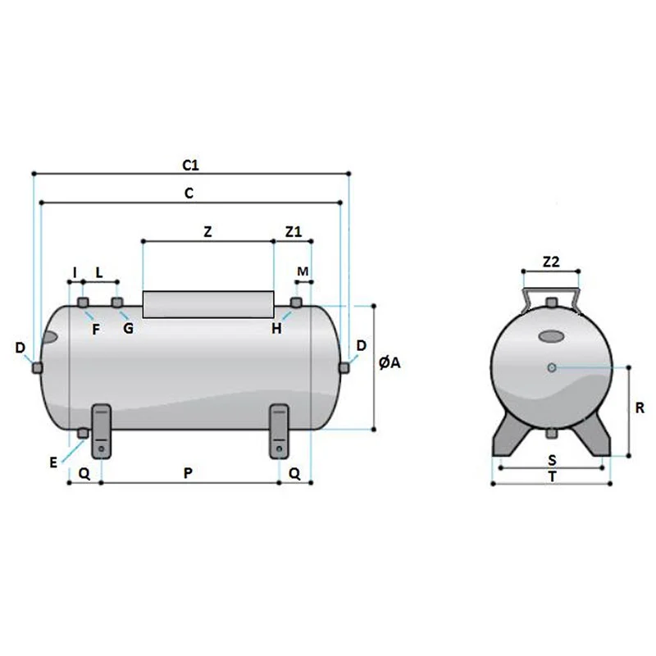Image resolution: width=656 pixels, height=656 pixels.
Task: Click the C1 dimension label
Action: pyautogui.click(x=191, y=166)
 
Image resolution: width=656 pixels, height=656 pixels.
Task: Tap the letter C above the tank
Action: pyautogui.click(x=189, y=194)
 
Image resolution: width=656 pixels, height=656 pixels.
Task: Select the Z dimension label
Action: pyautogui.click(x=207, y=232)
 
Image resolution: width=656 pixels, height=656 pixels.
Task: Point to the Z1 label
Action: pyautogui.click(x=294, y=232)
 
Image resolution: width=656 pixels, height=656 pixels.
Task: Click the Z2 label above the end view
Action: pyautogui.click(x=551, y=262)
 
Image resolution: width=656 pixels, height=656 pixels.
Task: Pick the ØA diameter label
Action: pyautogui.click(x=389, y=362)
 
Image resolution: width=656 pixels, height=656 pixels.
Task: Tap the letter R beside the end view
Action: pyautogui.click(x=640, y=408)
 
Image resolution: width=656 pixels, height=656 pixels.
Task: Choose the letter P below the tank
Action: pyautogui.click(x=189, y=473)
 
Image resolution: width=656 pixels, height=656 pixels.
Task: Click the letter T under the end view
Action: pyautogui.click(x=553, y=477)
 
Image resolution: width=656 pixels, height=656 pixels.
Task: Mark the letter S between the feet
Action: pyautogui.click(x=552, y=460)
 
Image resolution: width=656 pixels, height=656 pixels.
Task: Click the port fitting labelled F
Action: pyautogui.click(x=84, y=303)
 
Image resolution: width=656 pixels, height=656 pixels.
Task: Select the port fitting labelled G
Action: pyautogui.click(x=116, y=302)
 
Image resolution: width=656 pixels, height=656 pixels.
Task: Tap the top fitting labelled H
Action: pyautogui.click(x=296, y=302)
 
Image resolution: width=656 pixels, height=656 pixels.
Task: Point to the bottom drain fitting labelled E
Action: pyautogui.click(x=83, y=434)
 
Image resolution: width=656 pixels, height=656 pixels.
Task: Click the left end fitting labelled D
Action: pyautogui.click(x=37, y=367)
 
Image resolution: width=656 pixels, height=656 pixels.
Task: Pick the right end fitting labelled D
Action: pyautogui.click(x=344, y=367)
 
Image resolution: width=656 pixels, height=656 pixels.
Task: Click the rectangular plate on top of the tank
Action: pyautogui.click(x=208, y=304)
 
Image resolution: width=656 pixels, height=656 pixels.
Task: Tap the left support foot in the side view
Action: pyautogui.click(x=101, y=431)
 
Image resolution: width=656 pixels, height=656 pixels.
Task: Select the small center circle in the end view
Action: pyautogui.click(x=552, y=367)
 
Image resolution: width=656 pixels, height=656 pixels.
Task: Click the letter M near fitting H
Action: pyautogui.click(x=303, y=271)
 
